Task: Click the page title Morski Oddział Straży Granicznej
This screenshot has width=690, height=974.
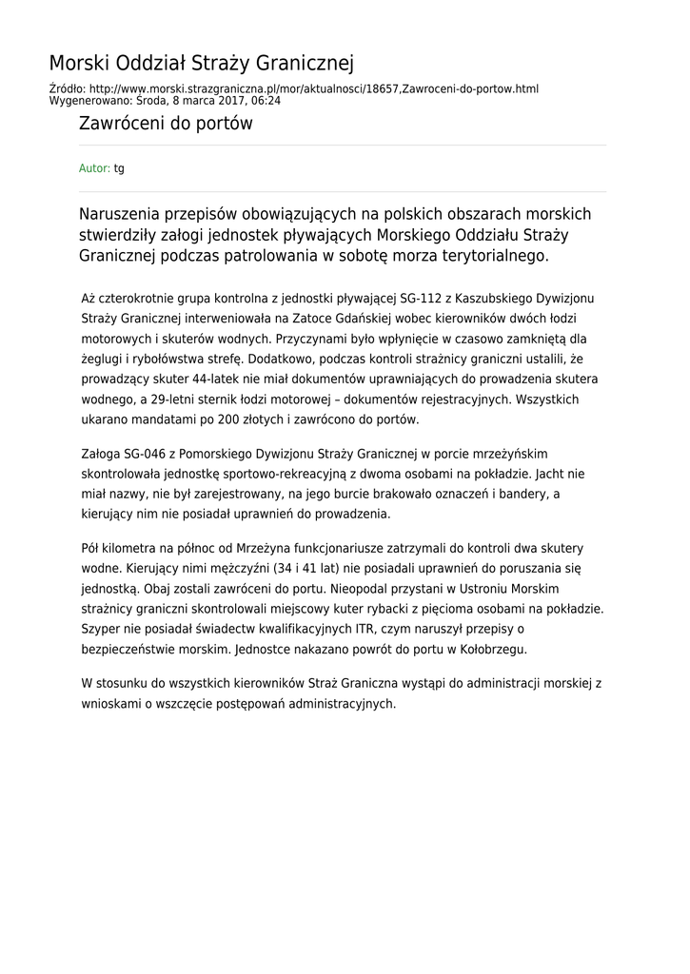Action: click(201, 64)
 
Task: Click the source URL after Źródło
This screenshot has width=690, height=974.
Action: click(314, 88)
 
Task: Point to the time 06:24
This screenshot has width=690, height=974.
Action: click(266, 100)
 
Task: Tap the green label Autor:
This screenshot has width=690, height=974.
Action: click(94, 168)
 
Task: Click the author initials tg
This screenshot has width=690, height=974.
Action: click(119, 168)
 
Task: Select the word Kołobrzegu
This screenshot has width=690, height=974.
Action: click(494, 649)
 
